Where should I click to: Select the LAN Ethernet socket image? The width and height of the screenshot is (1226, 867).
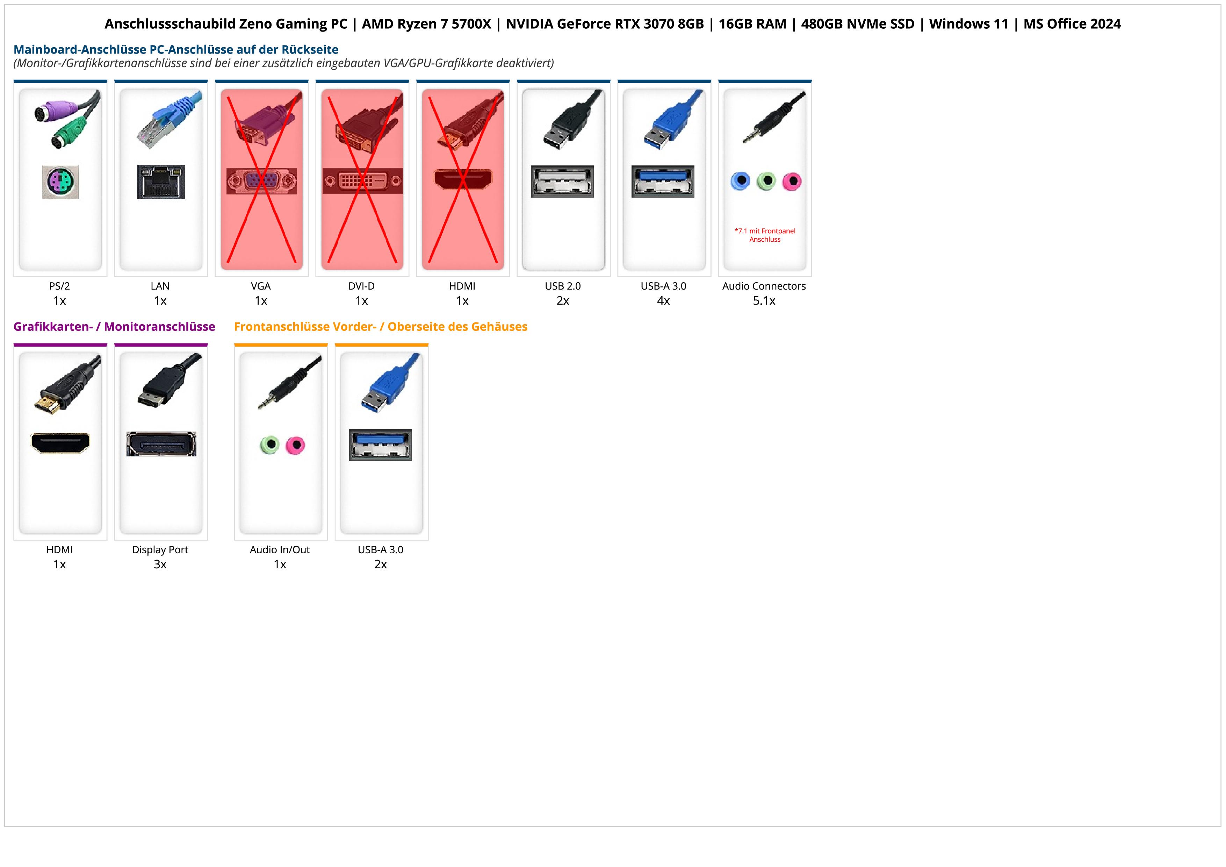[161, 182]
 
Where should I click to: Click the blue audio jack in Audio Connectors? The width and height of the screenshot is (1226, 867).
[740, 181]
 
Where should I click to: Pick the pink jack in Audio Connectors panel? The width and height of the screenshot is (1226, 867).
[792, 182]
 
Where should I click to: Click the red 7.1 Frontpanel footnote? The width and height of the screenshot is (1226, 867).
[765, 235]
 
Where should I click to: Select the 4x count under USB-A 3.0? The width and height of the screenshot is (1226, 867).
[663, 301]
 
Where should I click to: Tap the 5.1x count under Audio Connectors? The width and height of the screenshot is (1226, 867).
[764, 301]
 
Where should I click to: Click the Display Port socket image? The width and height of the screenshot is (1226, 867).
[161, 444]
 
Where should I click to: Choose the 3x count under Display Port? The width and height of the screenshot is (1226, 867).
[160, 564]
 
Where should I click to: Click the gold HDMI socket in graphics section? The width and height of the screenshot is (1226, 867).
[60, 443]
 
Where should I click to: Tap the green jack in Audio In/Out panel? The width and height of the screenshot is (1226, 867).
[270, 445]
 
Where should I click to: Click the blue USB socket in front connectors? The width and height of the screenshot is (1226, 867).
[380, 445]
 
